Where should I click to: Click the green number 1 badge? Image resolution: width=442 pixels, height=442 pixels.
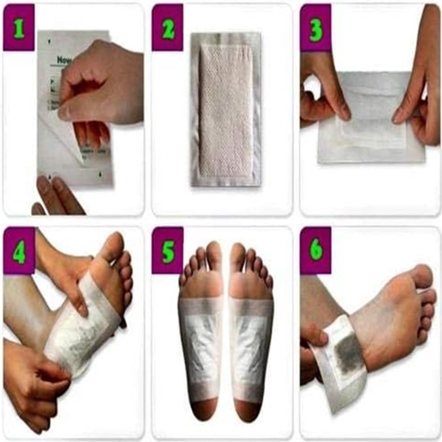coord(19,28)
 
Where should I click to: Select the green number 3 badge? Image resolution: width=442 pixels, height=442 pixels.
coord(316,28)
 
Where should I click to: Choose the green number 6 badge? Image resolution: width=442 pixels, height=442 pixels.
coord(316,250)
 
